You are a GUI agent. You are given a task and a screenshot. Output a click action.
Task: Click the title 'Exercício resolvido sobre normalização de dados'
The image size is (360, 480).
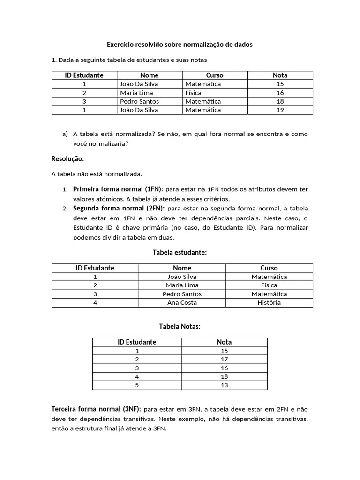(180, 45)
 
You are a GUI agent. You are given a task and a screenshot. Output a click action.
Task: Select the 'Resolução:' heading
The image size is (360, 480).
(67, 159)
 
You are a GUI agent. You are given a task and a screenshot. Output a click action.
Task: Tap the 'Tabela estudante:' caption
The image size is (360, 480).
(180, 252)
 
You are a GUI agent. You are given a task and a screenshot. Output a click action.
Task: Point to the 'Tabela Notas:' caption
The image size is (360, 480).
(180, 326)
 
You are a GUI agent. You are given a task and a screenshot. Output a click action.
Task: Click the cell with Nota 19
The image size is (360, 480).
(280, 110)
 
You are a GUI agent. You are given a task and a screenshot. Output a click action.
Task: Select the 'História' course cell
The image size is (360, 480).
(269, 303)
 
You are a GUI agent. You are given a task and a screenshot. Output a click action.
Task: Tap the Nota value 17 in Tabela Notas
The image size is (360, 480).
(224, 360)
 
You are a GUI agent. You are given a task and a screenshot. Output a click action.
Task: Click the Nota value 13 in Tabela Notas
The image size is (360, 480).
(224, 385)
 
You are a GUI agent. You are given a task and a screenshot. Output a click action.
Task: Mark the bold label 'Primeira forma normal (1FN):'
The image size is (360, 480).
(118, 189)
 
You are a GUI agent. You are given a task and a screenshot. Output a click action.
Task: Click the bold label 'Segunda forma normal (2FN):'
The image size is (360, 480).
(118, 208)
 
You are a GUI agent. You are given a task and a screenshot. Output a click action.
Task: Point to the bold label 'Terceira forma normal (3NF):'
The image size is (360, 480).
(96, 409)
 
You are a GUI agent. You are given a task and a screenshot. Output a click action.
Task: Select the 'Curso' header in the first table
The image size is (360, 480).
(215, 75)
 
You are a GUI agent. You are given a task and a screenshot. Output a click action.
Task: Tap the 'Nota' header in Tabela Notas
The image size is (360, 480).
(224, 342)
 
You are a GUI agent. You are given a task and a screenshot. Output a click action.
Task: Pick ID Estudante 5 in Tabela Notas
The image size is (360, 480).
(137, 385)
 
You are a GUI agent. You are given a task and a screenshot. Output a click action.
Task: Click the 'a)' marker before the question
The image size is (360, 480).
(65, 134)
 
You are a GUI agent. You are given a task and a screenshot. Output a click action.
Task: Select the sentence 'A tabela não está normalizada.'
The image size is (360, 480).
(96, 174)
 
